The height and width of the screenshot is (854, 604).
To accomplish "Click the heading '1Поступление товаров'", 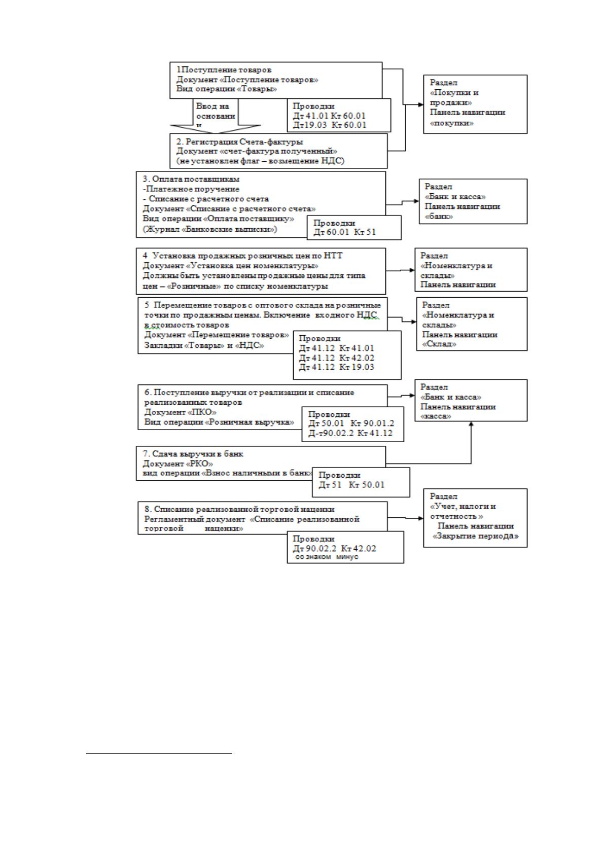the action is coord(224,70).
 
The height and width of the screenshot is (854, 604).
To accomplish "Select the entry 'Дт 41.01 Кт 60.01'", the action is coord(329,116).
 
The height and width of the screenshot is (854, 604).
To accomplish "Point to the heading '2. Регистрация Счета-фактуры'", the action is coord(240,142).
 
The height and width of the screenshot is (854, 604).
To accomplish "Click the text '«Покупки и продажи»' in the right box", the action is coord(454,97).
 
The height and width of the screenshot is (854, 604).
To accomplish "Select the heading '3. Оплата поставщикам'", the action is coord(191,179).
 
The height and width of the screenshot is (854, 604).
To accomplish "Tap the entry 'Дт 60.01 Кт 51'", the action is coord(345,232).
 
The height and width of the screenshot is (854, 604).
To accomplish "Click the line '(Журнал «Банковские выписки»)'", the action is coord(210,230).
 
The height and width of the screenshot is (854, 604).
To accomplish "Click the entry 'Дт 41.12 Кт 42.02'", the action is coord(336,358).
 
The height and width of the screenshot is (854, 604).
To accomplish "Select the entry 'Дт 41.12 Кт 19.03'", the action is coord(336,367).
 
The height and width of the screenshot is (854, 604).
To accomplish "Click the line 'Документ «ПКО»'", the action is coord(181,412).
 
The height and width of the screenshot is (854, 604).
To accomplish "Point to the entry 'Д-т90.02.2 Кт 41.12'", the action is coord(350,433).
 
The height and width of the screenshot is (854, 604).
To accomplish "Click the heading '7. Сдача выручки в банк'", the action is coord(193,454).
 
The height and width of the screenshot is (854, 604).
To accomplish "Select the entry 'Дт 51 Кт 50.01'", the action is coord(351,485).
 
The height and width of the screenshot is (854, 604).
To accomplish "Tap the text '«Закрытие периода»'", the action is coord(476,536).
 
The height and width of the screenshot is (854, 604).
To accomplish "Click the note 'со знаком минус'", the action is coord(327,557).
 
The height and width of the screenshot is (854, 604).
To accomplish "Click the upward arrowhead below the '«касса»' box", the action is coord(471,423).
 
